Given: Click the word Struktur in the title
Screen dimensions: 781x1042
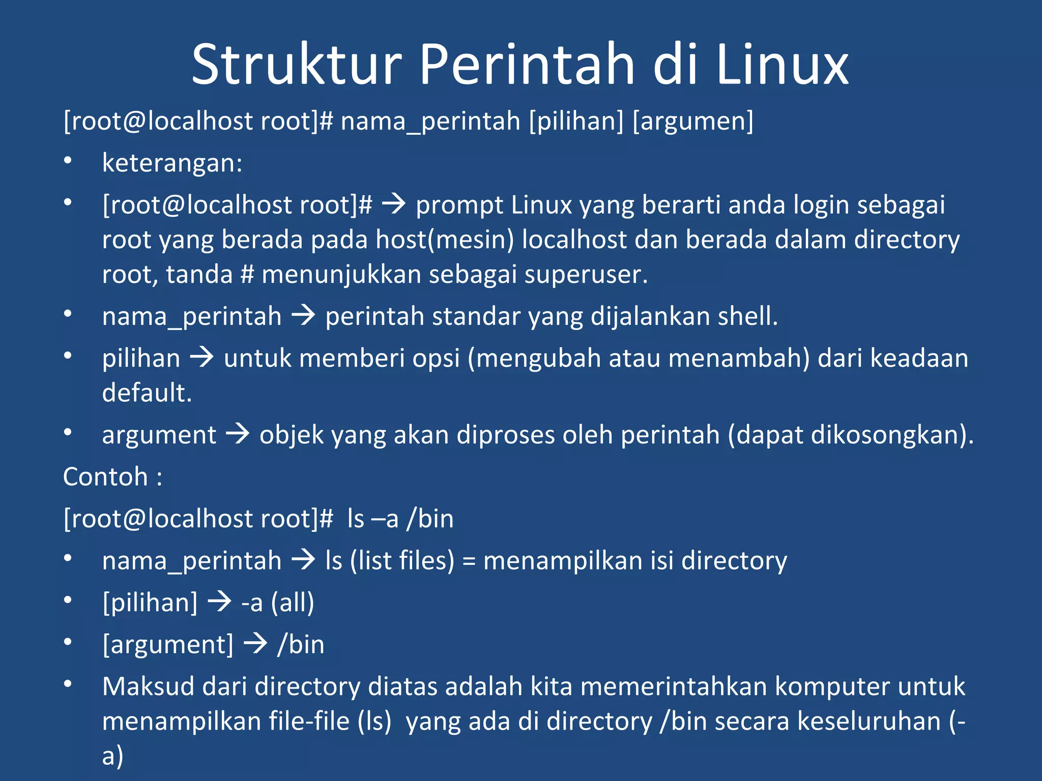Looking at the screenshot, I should click(297, 65).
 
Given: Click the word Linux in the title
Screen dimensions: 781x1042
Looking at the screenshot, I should click(782, 65).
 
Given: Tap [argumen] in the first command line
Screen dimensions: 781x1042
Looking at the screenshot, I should click(693, 121).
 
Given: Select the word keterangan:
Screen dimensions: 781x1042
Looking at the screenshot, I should click(172, 163).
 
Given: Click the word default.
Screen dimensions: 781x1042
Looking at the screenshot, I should click(147, 393).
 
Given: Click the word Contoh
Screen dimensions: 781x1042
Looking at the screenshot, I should click(105, 477).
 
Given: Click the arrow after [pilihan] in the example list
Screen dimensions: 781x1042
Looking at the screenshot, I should click(220, 603).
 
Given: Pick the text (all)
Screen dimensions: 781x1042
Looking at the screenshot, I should click(292, 603).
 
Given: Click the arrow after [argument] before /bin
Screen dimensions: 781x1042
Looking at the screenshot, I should click(255, 644).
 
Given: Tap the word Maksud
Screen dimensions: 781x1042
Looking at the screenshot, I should click(149, 686).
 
